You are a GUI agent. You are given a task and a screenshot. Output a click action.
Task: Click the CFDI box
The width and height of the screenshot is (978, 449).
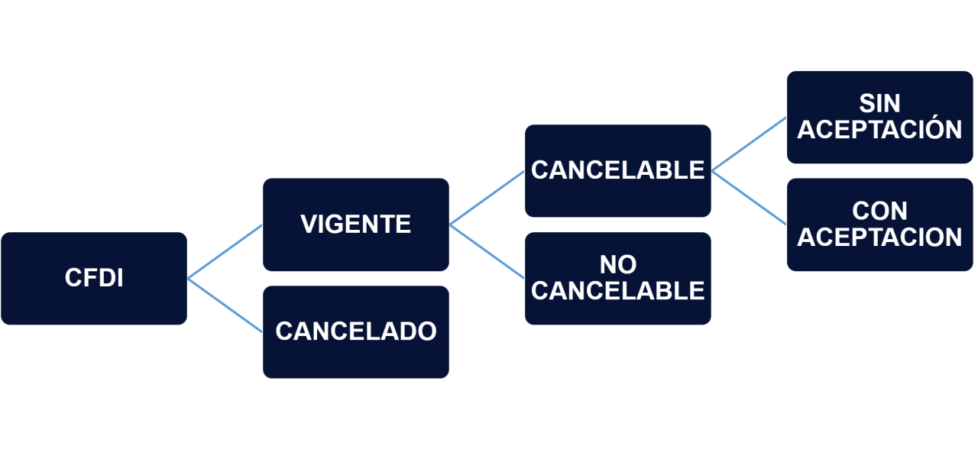94,279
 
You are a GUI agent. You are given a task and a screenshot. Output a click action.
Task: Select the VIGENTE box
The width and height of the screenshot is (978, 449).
356,224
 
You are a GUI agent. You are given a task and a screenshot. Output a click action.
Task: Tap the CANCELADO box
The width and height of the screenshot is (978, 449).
356,332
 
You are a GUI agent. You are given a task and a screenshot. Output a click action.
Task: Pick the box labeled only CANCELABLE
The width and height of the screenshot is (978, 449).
618,170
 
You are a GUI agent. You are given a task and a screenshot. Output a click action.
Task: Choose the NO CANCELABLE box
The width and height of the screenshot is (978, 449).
618,279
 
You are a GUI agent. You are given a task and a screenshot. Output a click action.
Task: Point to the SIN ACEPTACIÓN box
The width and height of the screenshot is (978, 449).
879,117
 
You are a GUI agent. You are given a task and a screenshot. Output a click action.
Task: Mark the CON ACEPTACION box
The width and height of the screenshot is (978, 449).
879,224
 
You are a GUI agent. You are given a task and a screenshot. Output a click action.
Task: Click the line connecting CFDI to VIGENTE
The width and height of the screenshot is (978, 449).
225,252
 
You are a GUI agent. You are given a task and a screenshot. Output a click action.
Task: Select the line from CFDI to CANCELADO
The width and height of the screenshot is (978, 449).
225,305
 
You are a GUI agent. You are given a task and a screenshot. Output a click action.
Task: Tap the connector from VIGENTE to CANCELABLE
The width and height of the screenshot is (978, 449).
487,198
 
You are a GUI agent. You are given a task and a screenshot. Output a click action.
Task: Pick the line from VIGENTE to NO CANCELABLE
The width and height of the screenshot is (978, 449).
487,251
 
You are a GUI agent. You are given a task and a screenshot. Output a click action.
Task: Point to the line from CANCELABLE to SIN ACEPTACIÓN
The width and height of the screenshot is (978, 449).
749,144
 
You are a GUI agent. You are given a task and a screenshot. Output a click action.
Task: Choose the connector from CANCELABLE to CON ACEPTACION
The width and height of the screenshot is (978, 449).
749,198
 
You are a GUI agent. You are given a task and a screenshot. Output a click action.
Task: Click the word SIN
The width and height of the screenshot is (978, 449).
879,103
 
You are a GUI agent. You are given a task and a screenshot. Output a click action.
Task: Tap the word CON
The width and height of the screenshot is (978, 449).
879,212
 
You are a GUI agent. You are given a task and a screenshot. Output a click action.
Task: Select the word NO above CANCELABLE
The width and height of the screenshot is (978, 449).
618,264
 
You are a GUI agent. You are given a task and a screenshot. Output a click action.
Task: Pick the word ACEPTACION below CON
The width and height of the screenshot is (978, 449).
879,237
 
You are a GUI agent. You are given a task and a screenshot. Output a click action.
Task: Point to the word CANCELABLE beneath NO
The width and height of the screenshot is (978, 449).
618,291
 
